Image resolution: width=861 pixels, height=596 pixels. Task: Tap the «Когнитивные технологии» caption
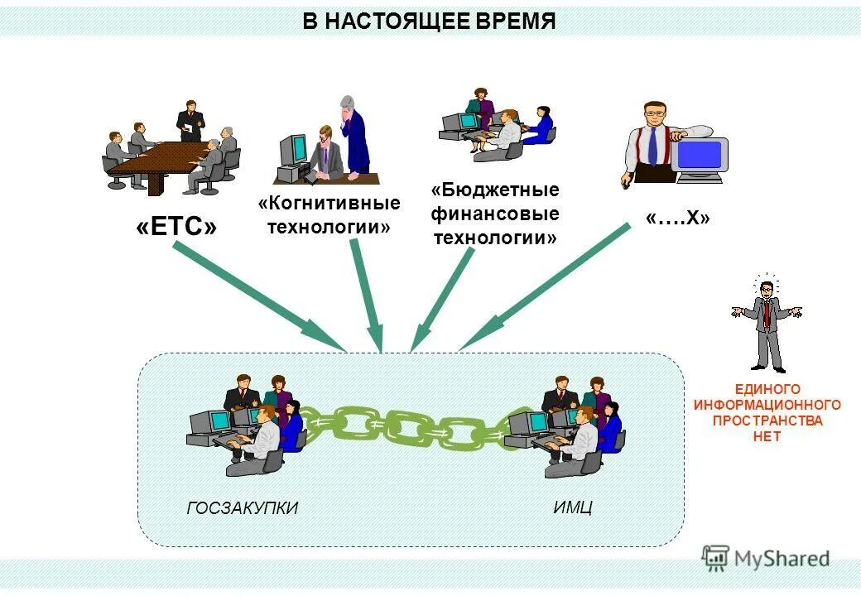[x=329, y=214]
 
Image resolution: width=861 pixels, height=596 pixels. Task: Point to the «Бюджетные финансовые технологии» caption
[x=495, y=214]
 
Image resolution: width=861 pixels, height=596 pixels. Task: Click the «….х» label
[x=677, y=218]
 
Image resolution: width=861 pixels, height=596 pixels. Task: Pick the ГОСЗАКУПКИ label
[x=242, y=508]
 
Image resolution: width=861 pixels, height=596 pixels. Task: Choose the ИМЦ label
[x=572, y=507]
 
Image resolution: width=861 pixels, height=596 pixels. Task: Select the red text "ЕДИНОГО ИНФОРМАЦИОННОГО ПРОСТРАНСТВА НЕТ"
[x=767, y=412]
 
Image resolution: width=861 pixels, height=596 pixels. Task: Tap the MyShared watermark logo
[x=766, y=559]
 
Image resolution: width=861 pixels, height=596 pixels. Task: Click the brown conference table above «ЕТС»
[x=157, y=161]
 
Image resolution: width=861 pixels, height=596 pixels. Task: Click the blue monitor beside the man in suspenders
[x=700, y=155]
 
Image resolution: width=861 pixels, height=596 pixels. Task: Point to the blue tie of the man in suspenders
[x=652, y=145]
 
